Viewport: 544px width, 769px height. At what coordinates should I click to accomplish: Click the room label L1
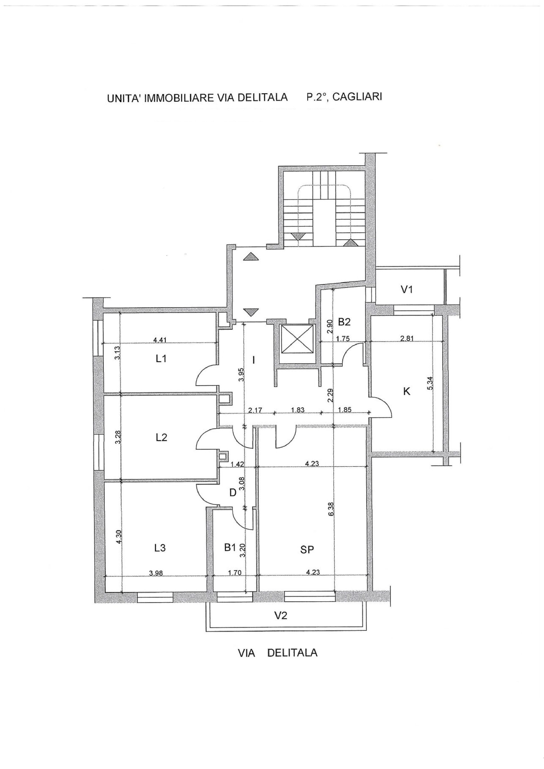pyautogui.click(x=161, y=360)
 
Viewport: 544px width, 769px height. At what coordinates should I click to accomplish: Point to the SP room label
pyautogui.click(x=307, y=549)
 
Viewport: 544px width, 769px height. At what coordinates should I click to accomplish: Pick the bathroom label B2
pyautogui.click(x=344, y=322)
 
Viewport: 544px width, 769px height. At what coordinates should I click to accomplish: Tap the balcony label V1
pyautogui.click(x=406, y=290)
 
